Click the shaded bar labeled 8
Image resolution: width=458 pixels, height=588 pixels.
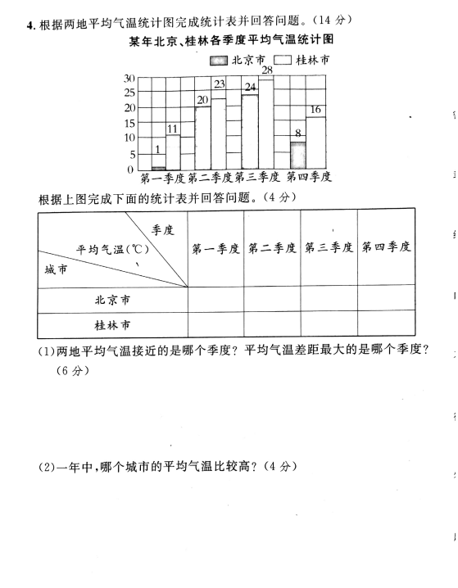pos(298,156)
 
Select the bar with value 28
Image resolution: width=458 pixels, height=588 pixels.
pos(266,124)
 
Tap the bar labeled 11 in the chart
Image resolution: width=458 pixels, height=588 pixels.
pos(173,152)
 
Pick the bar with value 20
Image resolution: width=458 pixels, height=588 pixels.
pos(202,138)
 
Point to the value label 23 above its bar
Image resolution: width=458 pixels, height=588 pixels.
pos(220,84)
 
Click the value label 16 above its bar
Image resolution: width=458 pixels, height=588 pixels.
pos(315,109)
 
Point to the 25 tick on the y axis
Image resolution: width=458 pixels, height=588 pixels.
pos(129,93)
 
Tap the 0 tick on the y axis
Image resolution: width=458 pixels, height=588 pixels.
pos(130,170)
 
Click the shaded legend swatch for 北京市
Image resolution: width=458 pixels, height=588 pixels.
pos(219,61)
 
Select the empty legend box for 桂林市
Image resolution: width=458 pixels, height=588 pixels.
pos(283,60)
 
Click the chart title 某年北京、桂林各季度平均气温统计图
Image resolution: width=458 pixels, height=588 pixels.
pos(231,40)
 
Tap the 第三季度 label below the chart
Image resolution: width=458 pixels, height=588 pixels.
pos(257,177)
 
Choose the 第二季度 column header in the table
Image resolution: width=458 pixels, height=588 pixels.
pos(272,248)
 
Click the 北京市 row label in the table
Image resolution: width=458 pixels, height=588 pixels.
pos(112,300)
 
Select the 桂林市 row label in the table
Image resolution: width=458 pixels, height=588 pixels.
pos(112,325)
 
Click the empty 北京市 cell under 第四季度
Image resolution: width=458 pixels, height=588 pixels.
pos(387,298)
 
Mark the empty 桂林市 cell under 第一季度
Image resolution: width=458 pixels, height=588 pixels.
pos(215,324)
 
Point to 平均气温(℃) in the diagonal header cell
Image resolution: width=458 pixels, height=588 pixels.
pos(112,249)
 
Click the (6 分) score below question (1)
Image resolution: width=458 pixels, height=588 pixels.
pos(73,370)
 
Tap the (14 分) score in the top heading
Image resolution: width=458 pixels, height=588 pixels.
pos(332,20)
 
